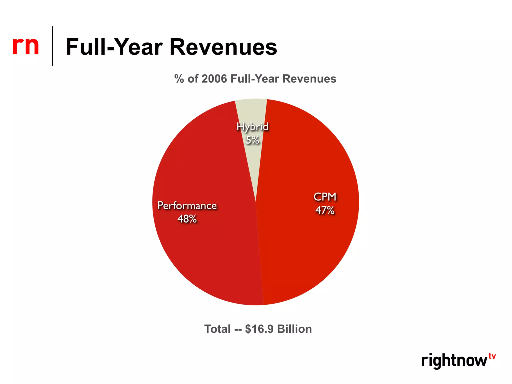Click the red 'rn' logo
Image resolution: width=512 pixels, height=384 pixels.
pos(25,46)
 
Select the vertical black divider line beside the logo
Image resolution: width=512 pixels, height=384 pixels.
pos(52,46)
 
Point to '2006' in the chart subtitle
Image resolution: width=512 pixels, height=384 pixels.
pos(214,79)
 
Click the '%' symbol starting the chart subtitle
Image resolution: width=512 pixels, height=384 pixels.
pos(179,79)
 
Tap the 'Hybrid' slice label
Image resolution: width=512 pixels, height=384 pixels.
pos(252,126)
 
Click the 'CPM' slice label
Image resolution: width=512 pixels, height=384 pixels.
pos(325,197)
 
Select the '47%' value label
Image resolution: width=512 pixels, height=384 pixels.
pos(325,210)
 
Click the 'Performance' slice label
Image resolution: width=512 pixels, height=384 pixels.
pos(187,206)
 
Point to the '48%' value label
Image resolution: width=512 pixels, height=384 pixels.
pos(187,219)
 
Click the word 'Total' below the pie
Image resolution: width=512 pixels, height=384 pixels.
pos(217,329)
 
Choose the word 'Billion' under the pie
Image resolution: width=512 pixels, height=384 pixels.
pos(294,329)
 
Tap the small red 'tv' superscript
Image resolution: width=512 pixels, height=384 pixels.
pos(492,356)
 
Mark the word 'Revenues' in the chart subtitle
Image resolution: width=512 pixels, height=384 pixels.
pos(309,79)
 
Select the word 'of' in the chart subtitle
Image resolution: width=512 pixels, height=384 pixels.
pos(193,79)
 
